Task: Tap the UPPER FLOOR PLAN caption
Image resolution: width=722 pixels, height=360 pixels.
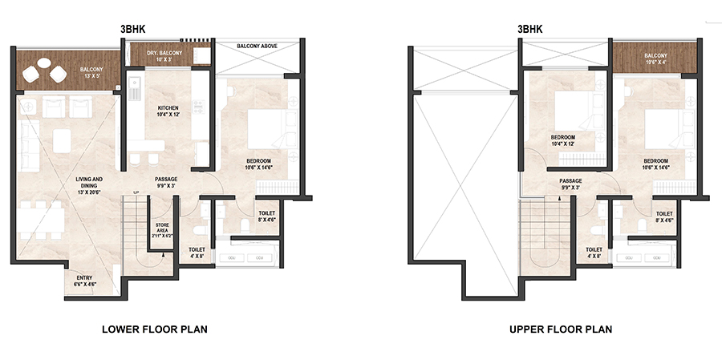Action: pyautogui.click(x=560, y=329)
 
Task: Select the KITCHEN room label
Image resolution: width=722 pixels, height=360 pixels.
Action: pyautogui.click(x=168, y=111)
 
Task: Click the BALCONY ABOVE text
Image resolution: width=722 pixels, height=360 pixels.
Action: pyautogui.click(x=258, y=47)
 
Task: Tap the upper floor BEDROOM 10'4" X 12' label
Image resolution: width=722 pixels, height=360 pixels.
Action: pyautogui.click(x=562, y=141)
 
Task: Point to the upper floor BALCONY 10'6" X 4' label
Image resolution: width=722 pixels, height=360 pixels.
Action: pyautogui.click(x=655, y=59)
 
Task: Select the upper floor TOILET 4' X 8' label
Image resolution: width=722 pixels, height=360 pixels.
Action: pyautogui.click(x=594, y=253)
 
